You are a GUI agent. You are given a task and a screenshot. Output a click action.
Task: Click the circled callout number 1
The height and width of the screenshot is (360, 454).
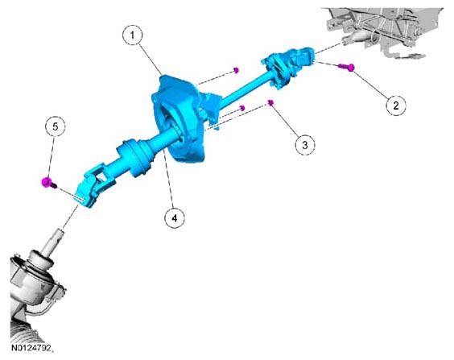tap(132, 35)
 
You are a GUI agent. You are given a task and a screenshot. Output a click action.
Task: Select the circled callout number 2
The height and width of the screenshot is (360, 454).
tap(396, 105)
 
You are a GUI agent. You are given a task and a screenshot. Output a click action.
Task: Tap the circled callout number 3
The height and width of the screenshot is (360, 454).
tap(305, 145)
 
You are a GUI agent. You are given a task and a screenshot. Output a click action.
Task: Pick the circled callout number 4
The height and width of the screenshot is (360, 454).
tap(175, 217)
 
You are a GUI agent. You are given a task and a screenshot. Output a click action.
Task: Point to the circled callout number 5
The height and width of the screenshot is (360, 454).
tap(56, 126)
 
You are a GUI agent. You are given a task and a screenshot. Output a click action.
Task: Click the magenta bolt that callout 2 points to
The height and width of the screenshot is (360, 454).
tap(347, 67)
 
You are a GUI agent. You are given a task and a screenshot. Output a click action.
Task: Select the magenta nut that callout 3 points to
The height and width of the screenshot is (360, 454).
tap(271, 103)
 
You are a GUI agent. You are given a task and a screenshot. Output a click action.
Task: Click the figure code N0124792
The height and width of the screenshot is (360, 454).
tap(31, 348)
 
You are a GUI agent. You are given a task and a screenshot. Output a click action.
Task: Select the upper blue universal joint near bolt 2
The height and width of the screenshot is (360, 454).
tap(289, 66)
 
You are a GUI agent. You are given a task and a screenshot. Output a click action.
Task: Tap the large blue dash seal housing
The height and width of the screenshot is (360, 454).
tap(180, 118)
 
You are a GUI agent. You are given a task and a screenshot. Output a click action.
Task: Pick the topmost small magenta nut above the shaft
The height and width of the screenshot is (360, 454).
tap(237, 70)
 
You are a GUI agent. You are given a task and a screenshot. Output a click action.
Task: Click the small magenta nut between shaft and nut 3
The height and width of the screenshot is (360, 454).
tap(242, 108)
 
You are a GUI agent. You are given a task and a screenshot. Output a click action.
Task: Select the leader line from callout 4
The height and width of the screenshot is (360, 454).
tap(169, 180)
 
